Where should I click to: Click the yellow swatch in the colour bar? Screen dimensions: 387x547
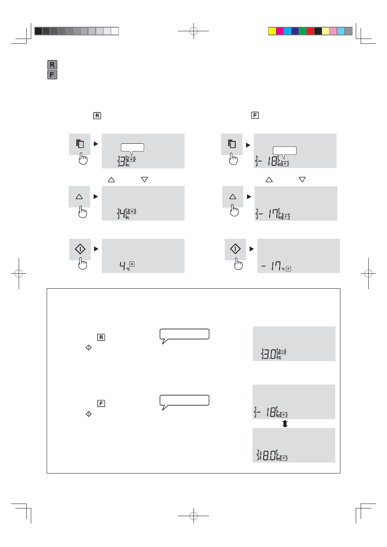(272, 31)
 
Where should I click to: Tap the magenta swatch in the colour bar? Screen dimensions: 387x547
(280, 31)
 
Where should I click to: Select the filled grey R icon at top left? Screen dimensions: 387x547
(52, 65)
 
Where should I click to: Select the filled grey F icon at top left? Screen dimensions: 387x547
(52, 75)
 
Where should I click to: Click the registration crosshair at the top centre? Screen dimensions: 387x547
(193, 31)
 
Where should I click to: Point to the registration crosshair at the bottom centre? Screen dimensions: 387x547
(193, 516)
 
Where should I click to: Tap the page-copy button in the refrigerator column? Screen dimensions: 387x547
(80, 144)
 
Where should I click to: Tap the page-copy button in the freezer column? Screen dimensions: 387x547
(232, 144)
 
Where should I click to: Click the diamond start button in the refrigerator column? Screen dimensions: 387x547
(80, 249)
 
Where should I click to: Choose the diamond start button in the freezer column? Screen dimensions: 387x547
(235, 249)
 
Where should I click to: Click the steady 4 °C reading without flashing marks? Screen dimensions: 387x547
(123, 266)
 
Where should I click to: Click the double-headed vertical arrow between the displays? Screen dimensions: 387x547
(285, 424)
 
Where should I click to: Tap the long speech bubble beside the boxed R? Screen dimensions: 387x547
(185, 334)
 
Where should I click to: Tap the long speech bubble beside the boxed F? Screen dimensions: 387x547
(185, 400)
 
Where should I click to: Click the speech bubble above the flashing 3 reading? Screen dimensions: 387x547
(132, 147)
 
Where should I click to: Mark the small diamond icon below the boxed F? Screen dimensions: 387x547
(89, 414)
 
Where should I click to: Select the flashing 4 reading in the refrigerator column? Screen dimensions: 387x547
(122, 213)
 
